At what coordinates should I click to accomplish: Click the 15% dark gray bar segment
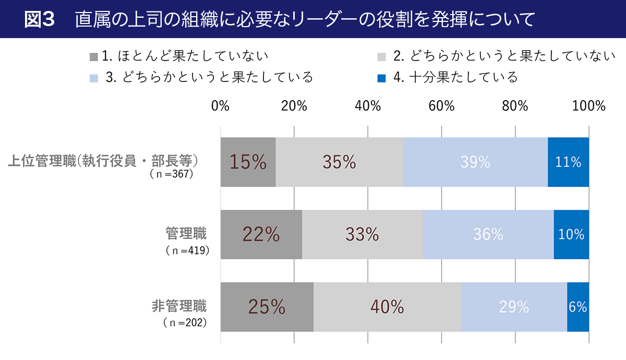[248, 162]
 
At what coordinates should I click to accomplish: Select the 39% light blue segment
[475, 162]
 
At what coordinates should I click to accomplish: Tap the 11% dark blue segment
[568, 162]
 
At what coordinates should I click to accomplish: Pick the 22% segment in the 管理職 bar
[261, 235]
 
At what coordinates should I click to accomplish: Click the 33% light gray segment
[362, 235]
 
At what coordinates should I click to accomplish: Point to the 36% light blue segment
[488, 235]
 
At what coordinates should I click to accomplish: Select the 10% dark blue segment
[571, 235]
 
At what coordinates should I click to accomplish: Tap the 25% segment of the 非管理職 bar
[267, 307]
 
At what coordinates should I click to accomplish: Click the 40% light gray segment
[387, 307]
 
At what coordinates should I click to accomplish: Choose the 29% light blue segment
[514, 307]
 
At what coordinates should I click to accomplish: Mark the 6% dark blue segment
[578, 307]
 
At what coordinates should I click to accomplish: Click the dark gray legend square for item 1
[94, 56]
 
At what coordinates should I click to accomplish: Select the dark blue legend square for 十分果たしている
[381, 78]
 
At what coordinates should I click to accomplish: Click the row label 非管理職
[179, 306]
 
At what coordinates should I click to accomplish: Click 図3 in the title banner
[40, 19]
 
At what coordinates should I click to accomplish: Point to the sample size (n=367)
[171, 174]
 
